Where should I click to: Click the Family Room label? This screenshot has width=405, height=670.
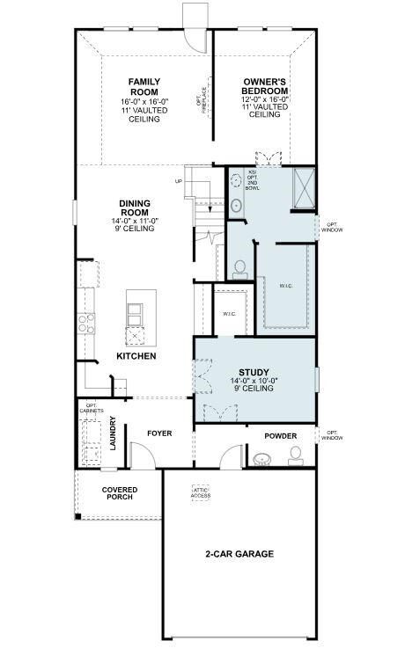pos(144,86)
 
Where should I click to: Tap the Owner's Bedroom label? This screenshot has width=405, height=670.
pos(265,86)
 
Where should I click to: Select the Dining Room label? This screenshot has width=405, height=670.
pos(134,208)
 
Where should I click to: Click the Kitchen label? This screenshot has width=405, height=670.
pos(136,356)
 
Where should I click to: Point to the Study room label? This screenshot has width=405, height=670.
pos(254,372)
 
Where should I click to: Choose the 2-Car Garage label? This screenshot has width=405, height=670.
pos(239,554)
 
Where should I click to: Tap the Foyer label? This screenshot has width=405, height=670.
pos(159,433)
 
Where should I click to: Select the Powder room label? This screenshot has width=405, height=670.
pos(280,436)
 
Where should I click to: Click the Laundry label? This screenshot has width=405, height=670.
pos(113,433)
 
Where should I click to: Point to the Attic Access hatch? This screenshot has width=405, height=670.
pos(201,493)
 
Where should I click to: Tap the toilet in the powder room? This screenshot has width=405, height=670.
pos(295,455)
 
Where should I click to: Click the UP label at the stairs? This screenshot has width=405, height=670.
pos(179,182)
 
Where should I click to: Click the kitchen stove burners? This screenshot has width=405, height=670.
pos(87,324)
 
